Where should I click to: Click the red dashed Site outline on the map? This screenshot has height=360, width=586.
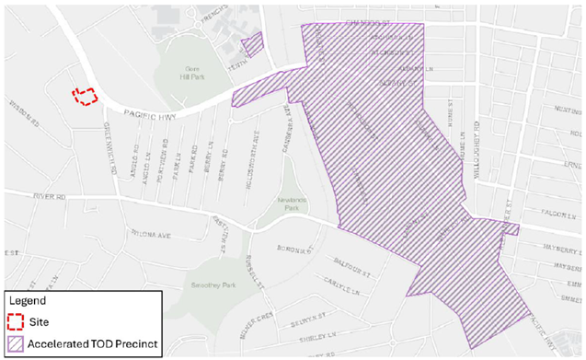point(85,96)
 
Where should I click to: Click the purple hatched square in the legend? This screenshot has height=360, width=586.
point(18,344)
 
